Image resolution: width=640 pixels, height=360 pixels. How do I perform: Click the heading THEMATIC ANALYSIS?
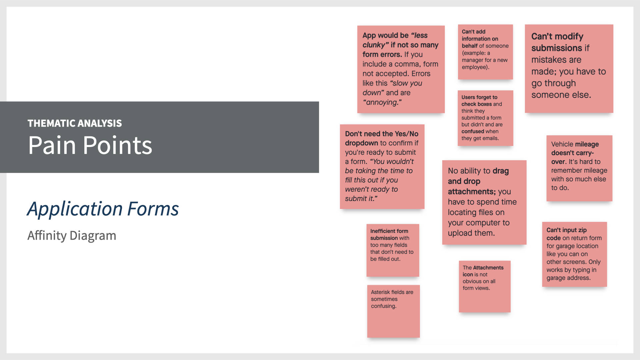coord(75,123)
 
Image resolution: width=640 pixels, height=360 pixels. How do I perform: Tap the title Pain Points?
coord(90,145)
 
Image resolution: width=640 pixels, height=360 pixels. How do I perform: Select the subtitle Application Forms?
coord(103,209)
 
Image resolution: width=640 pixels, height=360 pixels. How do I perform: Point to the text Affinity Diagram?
coord(72,235)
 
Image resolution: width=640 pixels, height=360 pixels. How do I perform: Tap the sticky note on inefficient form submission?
coord(393,250)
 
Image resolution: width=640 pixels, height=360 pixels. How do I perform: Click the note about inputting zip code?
coord(574,254)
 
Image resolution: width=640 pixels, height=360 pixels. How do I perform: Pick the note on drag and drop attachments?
coord(484,202)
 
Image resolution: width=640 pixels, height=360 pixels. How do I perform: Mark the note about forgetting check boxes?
coord(485,118)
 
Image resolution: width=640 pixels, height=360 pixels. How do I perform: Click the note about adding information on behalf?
coord(485,52)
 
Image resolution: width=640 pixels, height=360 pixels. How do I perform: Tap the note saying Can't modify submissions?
coord(569,69)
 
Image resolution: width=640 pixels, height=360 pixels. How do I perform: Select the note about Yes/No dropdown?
coord(382,167)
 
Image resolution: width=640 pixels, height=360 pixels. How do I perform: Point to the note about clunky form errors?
coord(401,69)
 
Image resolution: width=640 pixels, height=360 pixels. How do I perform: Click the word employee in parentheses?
coord(475,67)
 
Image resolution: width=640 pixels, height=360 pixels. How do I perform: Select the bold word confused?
coord(473,131)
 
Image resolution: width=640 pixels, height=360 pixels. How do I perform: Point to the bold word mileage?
coord(587,144)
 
